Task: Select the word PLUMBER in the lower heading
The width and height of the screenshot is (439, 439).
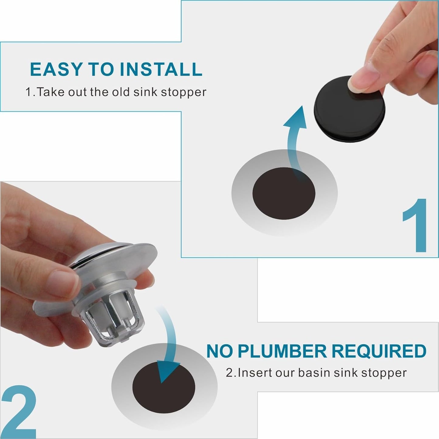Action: (282, 352)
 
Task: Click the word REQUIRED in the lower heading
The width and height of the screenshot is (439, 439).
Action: (379, 352)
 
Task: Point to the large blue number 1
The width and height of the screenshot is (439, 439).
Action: (416, 226)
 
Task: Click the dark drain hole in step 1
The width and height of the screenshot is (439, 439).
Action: (284, 194)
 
